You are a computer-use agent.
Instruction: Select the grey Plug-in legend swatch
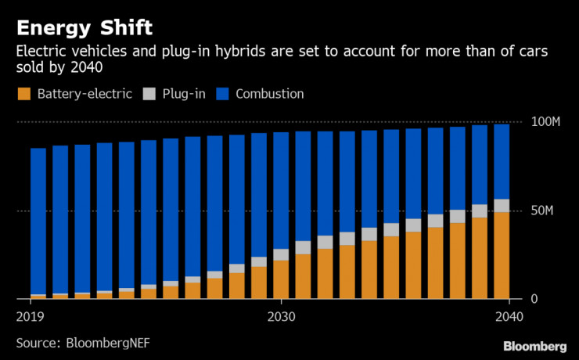coord(149,94)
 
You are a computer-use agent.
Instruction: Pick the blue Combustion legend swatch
coord(221,94)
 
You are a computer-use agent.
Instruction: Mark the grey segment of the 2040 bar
coord(502,206)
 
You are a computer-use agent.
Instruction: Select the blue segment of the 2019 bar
coord(38,219)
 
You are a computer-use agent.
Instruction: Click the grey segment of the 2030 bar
coord(280,254)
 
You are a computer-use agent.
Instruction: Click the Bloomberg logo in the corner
coord(534,346)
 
